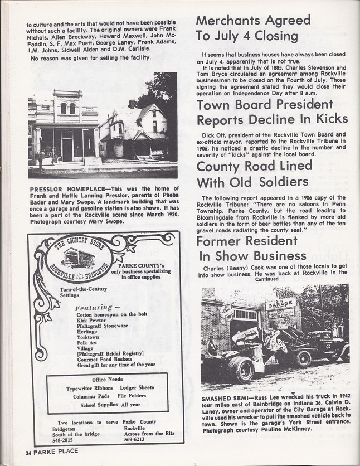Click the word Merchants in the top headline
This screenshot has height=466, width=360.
227,21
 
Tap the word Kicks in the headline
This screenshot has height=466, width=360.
327,119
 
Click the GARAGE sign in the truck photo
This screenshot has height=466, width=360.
280,304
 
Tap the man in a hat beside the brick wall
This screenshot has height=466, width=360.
211,346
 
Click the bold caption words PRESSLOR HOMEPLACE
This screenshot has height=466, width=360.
62,189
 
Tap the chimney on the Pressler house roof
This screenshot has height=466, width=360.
132,104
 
